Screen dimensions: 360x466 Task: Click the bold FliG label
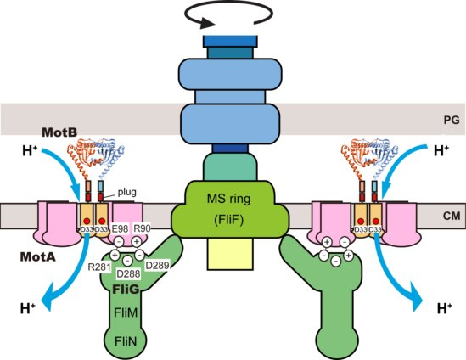tap(125, 287)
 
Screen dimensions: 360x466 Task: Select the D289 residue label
tap(158, 267)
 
